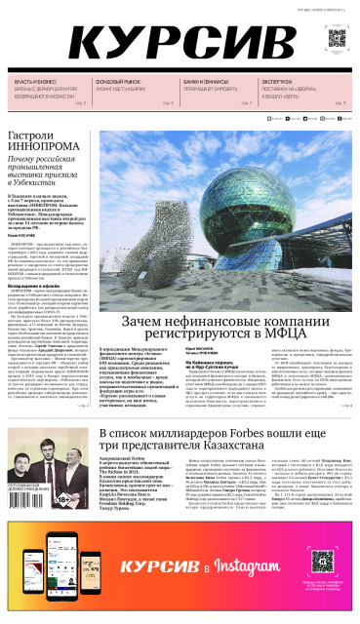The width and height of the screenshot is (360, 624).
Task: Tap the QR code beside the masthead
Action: click(x=336, y=40)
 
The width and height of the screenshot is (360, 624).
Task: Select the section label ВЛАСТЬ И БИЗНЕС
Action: click(x=34, y=83)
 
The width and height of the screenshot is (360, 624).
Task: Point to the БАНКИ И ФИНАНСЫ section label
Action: click(x=204, y=83)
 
